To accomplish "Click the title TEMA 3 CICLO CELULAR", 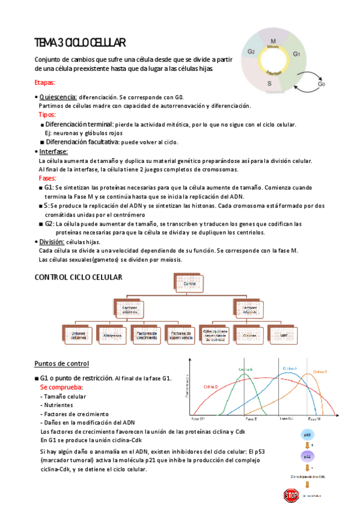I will coord(79,43).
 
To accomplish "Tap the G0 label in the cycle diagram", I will coord(321,84).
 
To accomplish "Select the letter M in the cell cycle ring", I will coord(273,40).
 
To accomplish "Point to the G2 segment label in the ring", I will coord(251,52).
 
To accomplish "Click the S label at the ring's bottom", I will coord(269,83).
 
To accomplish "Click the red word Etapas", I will coord(46,83).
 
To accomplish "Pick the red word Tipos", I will coord(47,114).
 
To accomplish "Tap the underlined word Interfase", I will coord(53,152).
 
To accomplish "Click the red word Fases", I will coord(47,179).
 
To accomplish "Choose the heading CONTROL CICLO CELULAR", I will coord(79,277).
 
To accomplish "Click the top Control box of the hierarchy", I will coord(189,284).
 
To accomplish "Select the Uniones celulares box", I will coord(78,334).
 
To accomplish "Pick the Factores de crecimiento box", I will coord(147,334).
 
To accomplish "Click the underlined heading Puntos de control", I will coord(62,363).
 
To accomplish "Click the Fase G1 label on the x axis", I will coord(198,418).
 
